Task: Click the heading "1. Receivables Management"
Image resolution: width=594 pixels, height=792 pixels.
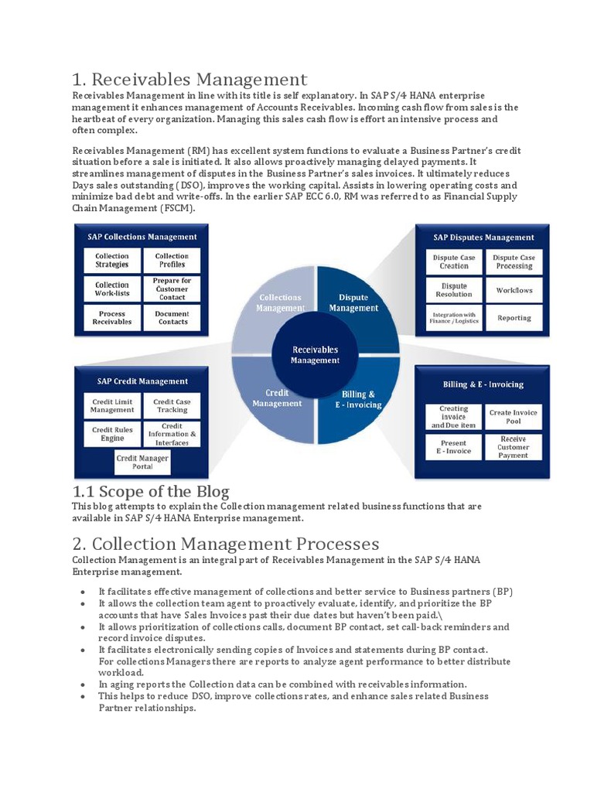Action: (x=189, y=79)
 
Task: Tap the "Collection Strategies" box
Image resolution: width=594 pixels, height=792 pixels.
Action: (x=112, y=260)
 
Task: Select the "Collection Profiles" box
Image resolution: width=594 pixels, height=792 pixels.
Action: (x=172, y=260)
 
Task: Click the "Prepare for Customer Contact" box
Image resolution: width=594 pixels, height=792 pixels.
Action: (x=172, y=288)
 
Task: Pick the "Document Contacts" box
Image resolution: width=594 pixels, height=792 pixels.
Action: (x=172, y=317)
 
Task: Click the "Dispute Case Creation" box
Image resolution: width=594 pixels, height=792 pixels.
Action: (x=454, y=261)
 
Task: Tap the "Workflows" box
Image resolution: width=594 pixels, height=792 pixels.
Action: (x=514, y=290)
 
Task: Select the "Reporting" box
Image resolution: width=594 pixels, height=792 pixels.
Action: (x=514, y=318)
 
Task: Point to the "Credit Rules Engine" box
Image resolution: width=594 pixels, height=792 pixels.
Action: (x=112, y=434)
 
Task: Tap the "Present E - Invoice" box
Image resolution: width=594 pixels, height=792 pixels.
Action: (x=454, y=446)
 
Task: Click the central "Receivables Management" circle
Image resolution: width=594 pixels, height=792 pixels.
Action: (x=315, y=355)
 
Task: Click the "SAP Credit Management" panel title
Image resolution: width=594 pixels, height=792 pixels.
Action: (x=142, y=381)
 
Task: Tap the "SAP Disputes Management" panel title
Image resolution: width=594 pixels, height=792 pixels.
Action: (x=483, y=237)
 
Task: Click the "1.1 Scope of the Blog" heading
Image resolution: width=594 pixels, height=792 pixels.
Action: (x=151, y=491)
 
